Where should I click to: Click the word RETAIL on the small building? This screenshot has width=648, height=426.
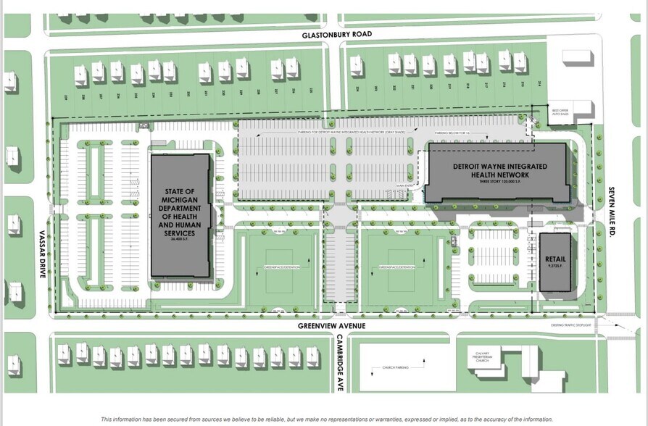[555, 259]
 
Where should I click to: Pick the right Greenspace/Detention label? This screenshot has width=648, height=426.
[396, 267]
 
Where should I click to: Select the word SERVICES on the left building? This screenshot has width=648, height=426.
[180, 235]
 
